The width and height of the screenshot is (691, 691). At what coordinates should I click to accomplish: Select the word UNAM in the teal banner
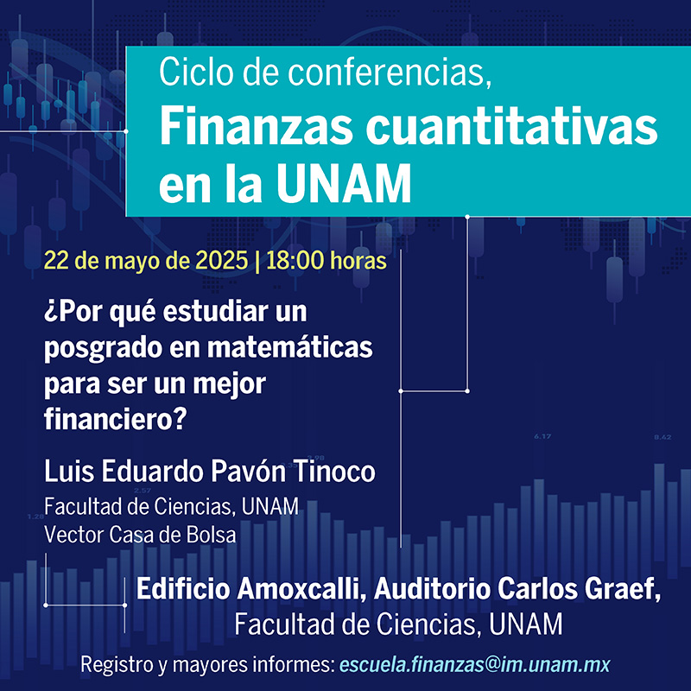tap(344, 183)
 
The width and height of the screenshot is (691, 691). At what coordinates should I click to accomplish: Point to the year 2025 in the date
tap(221, 261)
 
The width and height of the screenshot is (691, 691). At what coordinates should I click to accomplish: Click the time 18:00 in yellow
tap(295, 261)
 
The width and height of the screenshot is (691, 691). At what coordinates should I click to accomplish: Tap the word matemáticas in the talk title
tap(290, 348)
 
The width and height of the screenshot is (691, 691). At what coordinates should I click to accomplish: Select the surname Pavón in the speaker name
tap(248, 471)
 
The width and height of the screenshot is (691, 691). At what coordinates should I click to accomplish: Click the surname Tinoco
tap(334, 471)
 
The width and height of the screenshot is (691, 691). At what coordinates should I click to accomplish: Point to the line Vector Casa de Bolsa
tap(140, 535)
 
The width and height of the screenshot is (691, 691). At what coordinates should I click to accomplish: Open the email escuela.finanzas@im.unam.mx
tap(475, 664)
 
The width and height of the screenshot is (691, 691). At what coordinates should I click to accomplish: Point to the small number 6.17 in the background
tap(542, 437)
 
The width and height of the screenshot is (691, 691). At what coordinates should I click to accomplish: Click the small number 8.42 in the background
tap(662, 437)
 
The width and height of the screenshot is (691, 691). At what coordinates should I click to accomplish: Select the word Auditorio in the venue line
tap(432, 589)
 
